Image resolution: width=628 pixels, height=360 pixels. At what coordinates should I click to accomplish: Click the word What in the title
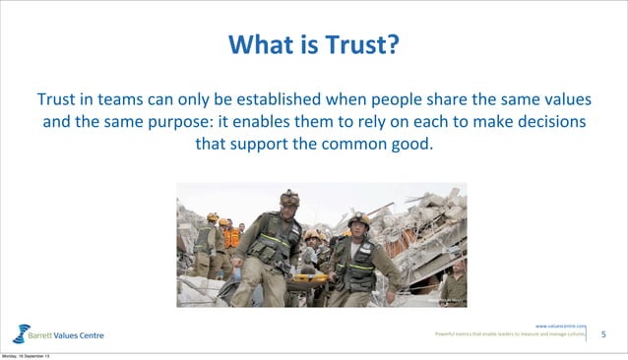point(258,45)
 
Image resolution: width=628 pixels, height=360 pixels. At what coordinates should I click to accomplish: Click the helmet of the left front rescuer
point(289,197)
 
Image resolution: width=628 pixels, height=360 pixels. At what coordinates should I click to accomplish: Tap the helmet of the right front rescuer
point(359,218)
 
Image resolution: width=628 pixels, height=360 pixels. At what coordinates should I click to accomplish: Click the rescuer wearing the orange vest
point(231,239)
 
